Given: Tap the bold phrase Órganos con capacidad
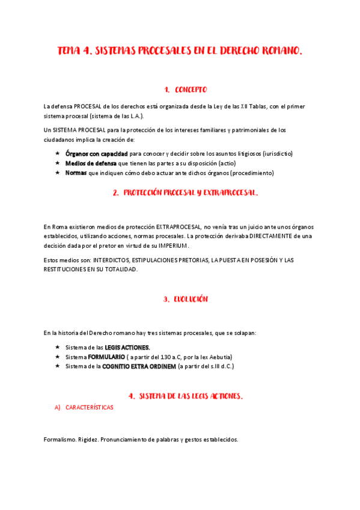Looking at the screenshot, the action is (x=96, y=153).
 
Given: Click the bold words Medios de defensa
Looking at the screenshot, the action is (x=91, y=163).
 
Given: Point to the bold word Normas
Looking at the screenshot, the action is (x=76, y=173).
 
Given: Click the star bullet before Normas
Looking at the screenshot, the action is (x=57, y=173).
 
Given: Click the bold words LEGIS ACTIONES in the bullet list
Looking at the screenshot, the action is (x=127, y=347).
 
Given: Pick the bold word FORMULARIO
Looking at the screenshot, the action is (x=106, y=357).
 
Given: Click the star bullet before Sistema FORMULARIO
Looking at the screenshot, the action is (x=57, y=357).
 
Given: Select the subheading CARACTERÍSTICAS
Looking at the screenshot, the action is (x=89, y=407).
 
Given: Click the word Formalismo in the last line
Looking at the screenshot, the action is (x=59, y=439).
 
